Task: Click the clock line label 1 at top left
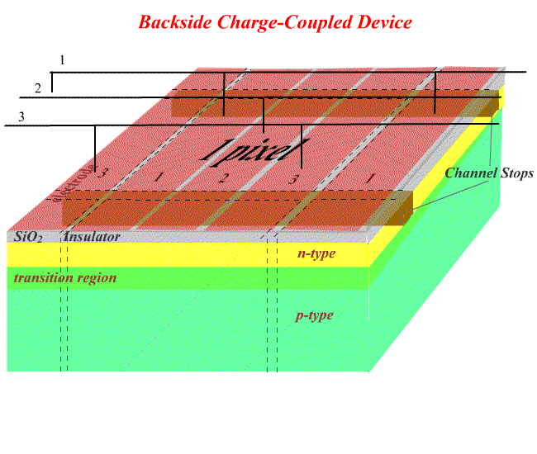pos(62,60)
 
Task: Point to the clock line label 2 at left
pos(37,87)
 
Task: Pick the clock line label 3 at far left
pos(21,116)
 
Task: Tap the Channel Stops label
pos(489,173)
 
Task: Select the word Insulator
pos(93,237)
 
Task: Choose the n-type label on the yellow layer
pos(316,253)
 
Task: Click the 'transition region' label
pos(65,277)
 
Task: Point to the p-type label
pos(315,315)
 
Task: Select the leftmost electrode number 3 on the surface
pos(102,173)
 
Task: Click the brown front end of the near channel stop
pos(404,210)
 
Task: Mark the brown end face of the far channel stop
pos(494,103)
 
